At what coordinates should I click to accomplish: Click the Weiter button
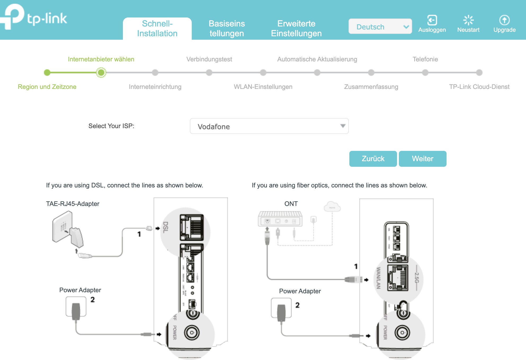point(422,159)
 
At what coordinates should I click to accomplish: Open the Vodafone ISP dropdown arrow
point(343,126)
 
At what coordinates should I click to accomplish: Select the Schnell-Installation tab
point(157,29)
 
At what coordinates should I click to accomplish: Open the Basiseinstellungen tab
point(227,29)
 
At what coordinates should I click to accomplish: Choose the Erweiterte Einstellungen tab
point(296,29)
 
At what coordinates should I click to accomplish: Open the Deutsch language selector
point(380,26)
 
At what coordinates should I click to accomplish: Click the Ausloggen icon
point(432,20)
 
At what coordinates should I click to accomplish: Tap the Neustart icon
point(468,20)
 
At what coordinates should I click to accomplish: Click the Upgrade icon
point(504,20)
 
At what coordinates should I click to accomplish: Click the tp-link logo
point(34,17)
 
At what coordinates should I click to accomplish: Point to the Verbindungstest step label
point(209,59)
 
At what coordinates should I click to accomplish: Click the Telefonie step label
point(425,59)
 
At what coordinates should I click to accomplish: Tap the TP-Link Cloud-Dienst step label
point(479,87)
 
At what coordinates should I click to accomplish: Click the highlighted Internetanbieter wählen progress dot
point(101,73)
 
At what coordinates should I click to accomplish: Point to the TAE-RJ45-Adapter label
point(73,204)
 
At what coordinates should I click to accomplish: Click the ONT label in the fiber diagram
point(291,204)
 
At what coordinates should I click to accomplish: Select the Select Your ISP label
point(111,126)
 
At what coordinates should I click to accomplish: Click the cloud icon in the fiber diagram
point(332,206)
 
